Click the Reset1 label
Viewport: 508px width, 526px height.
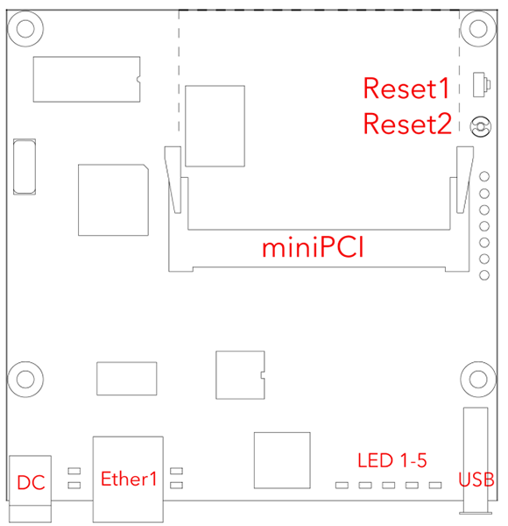coord(406,89)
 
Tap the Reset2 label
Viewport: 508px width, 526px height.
coord(407,124)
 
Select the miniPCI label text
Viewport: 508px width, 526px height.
coord(313,248)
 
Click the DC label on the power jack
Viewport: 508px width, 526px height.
coord(31,482)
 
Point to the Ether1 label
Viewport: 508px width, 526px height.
coord(129,479)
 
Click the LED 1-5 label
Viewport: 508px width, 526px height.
coord(392,460)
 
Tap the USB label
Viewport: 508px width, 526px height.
coord(476,480)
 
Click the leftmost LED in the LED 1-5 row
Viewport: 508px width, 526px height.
coord(342,485)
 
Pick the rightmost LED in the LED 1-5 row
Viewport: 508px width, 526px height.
coord(435,485)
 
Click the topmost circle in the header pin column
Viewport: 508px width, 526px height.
coord(484,176)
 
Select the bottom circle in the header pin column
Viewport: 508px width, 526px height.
coord(484,275)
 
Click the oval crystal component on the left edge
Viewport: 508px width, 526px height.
coord(25,167)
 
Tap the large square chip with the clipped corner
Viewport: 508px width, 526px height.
coord(113,200)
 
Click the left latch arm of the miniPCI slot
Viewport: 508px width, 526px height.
coord(173,180)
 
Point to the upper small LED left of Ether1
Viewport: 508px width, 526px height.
coord(74,471)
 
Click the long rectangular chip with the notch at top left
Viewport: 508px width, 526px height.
coord(87,79)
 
